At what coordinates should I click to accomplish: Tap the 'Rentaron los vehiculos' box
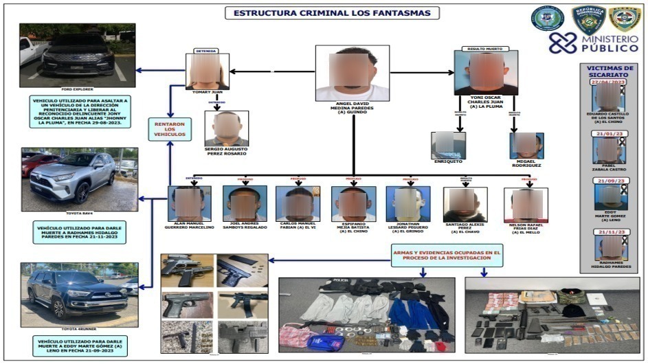click(170, 128)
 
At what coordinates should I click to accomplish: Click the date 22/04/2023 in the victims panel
click(607, 82)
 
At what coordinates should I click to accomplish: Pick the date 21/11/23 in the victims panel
click(607, 232)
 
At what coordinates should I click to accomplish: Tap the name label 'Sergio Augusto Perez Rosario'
click(227, 150)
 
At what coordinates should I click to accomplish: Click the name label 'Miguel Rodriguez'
click(527, 165)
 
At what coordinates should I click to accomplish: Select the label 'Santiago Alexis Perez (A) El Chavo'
click(465, 229)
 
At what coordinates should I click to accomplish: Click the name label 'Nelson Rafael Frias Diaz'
click(526, 229)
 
